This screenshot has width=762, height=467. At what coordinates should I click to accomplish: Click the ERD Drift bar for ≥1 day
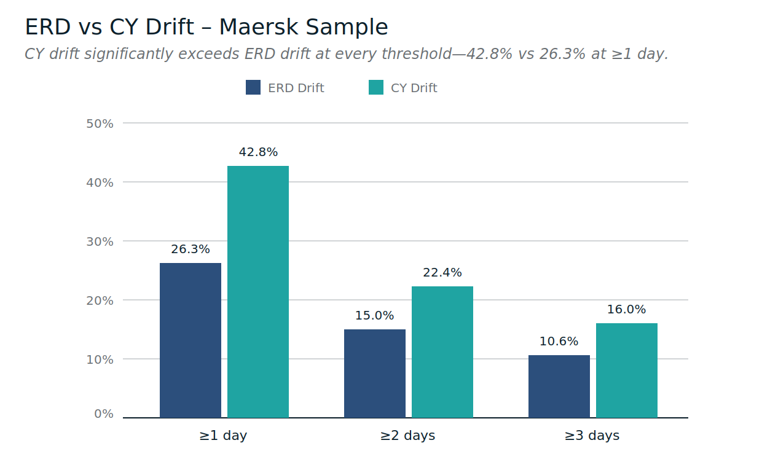[190, 340]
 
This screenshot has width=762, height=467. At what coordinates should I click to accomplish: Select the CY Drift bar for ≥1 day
[258, 292]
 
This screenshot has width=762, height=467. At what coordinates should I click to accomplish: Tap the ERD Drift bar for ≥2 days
[375, 374]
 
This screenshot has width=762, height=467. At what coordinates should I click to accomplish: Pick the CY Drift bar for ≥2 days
[442, 352]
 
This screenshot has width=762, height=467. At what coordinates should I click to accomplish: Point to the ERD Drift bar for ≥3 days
[559, 387]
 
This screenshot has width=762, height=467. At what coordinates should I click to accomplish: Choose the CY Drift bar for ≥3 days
[627, 371]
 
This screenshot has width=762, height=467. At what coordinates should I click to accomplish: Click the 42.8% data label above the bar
[258, 152]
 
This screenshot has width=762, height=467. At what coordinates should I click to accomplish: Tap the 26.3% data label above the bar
[190, 249]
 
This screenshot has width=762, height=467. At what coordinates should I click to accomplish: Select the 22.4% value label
[442, 273]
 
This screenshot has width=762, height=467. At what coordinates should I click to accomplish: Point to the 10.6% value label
[559, 342]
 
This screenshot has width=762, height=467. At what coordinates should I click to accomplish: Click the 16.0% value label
[627, 310]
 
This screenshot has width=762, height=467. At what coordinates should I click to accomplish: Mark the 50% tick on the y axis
[100, 124]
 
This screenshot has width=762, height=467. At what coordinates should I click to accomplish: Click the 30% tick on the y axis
[100, 241]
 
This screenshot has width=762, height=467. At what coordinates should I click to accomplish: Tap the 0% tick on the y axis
[104, 414]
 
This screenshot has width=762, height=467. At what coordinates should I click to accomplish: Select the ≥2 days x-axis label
[407, 436]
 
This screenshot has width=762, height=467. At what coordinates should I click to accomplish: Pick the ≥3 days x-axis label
[592, 436]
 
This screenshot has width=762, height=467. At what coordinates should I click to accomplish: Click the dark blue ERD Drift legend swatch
[253, 88]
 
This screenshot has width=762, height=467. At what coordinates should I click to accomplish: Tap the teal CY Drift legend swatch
[376, 88]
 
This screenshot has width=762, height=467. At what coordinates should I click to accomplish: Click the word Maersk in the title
[257, 28]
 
